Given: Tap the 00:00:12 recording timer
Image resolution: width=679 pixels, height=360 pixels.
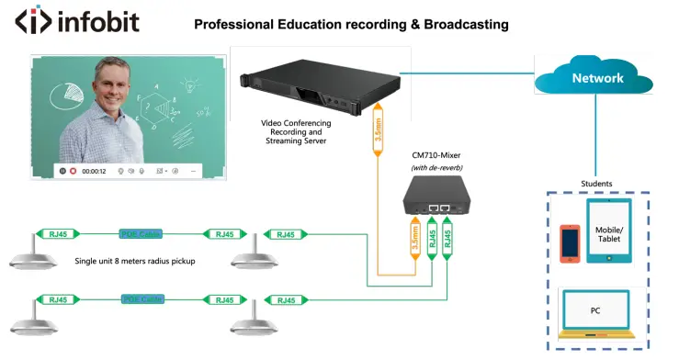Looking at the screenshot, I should (94, 171).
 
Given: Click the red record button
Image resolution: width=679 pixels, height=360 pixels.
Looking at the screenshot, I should (73, 171).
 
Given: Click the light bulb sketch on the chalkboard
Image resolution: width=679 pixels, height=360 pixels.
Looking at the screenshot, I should (191, 84).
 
